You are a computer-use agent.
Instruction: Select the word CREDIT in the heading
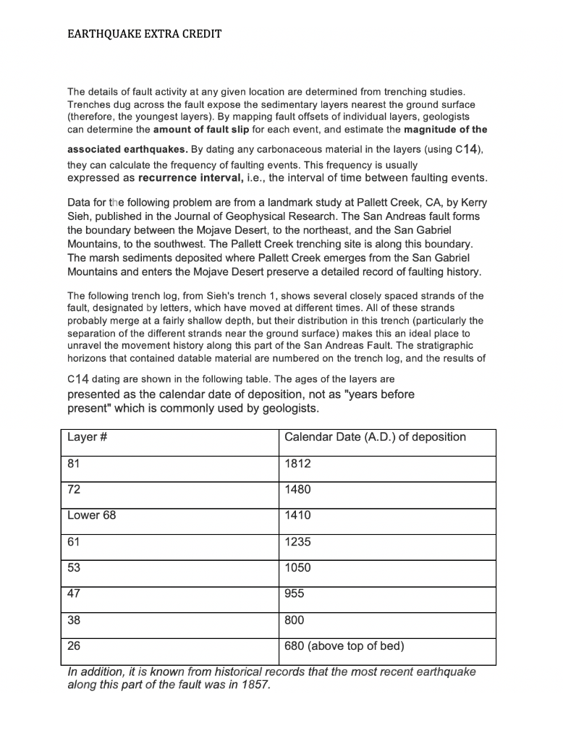pyautogui.click(x=200, y=34)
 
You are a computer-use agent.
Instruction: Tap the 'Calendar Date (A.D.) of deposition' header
pyautogui.click(x=375, y=437)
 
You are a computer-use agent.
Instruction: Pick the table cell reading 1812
pyautogui.click(x=297, y=463)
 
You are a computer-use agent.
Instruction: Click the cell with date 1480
pyautogui.click(x=297, y=489)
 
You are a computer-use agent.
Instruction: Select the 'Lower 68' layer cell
pyautogui.click(x=91, y=515)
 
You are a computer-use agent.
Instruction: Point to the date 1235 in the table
pyautogui.click(x=297, y=541)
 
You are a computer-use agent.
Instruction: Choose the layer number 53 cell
pyautogui.click(x=74, y=567)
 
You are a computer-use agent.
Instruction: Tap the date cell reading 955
pyautogui.click(x=295, y=593)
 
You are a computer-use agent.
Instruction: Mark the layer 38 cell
pyautogui.click(x=74, y=620)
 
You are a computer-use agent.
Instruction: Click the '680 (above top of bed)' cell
pyautogui.click(x=344, y=646)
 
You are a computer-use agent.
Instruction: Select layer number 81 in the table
pyautogui.click(x=74, y=463)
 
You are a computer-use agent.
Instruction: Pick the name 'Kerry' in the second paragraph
pyautogui.click(x=462, y=203)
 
